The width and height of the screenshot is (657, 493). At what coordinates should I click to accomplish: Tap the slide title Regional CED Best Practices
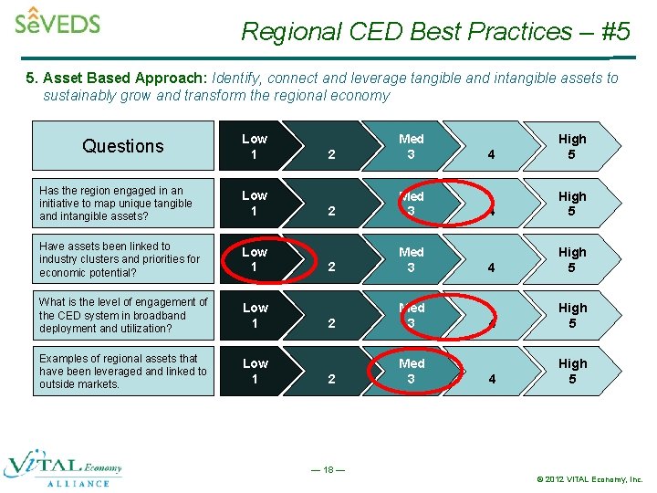[x=435, y=31]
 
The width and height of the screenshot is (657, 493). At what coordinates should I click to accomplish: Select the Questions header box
[x=122, y=146]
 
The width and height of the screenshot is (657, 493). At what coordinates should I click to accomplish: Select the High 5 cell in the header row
[x=572, y=146]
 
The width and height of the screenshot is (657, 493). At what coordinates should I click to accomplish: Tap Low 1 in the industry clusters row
[x=254, y=259]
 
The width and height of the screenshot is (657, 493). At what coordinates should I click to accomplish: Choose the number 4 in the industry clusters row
[x=492, y=267]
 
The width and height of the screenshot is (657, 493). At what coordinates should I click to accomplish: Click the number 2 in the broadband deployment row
[x=331, y=323]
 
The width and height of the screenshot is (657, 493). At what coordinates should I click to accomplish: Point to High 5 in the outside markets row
[x=572, y=371]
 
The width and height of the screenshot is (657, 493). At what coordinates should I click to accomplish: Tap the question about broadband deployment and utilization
[x=122, y=315]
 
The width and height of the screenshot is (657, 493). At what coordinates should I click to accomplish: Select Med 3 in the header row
[x=411, y=146]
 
